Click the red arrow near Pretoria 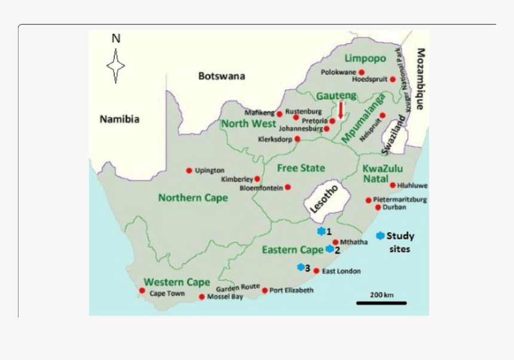coord(341,110)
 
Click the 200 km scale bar coord(381,303)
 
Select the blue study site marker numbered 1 coord(321,231)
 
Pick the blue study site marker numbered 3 coord(301,267)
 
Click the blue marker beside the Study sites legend coord(380,236)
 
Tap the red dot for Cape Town coord(142,291)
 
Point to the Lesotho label coord(323,198)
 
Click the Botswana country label coord(222,76)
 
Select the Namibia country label coord(120,119)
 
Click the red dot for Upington coord(189,170)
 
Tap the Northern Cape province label coord(192,197)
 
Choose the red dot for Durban coord(378,208)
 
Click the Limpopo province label coord(365,58)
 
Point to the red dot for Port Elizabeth coord(265,290)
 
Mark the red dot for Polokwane coord(362,72)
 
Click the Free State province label coord(301,168)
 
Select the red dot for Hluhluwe coord(393,185)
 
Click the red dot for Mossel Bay coord(202,297)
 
